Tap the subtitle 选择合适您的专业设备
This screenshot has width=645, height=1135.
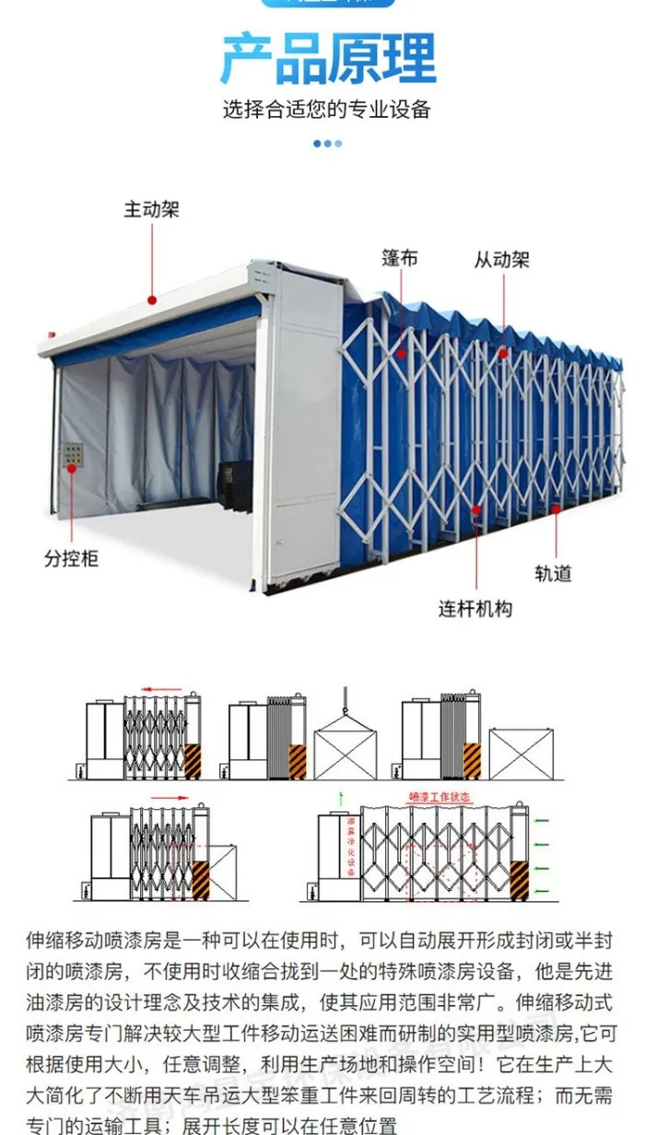(327, 110)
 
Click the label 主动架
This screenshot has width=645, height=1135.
(151, 209)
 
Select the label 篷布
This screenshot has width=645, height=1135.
(400, 258)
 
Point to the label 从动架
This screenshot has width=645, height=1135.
(502, 259)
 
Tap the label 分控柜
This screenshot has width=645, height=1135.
(71, 558)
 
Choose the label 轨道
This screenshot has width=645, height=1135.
(553, 573)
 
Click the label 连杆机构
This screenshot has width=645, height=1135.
(475, 608)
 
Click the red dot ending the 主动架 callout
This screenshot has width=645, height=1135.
(152, 298)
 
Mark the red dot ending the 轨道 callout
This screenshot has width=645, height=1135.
(557, 508)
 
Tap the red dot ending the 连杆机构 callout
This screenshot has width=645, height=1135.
(476, 508)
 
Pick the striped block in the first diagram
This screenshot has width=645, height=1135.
(193, 761)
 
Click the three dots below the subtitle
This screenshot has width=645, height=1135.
(328, 143)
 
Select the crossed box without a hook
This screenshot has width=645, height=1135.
(521, 754)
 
